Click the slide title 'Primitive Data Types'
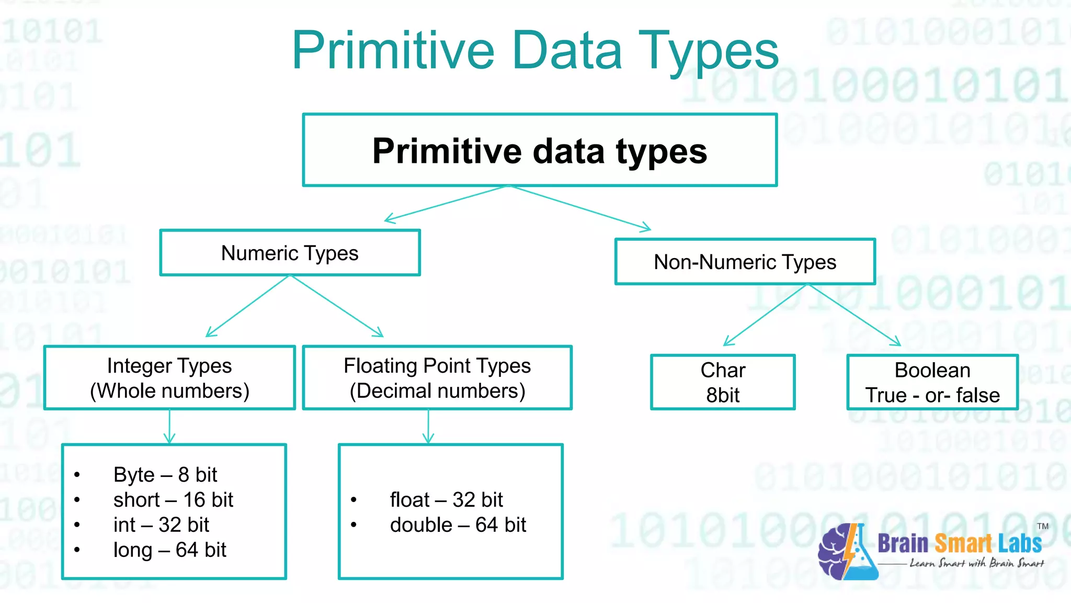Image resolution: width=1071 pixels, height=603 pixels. [535, 51]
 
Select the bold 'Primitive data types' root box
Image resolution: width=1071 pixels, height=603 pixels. [540, 150]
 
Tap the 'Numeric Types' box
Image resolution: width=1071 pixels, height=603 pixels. [290, 253]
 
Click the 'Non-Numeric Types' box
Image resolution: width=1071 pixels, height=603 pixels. [745, 262]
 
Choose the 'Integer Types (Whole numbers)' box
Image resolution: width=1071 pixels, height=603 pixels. [169, 378]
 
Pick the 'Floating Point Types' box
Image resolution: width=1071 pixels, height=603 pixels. [437, 378]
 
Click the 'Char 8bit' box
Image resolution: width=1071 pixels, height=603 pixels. [723, 383]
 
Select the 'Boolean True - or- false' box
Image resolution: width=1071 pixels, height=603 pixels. [932, 383]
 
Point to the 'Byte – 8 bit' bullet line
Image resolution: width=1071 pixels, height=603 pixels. [165, 475]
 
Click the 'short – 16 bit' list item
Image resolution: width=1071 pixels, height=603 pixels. [173, 500]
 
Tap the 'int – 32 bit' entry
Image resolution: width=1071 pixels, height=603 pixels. [161, 525]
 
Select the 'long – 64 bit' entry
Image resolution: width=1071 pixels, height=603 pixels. [169, 550]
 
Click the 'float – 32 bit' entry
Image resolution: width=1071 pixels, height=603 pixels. [446, 500]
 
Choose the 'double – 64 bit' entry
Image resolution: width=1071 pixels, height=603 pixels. [458, 525]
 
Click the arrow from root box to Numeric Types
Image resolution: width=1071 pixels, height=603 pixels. [447, 203]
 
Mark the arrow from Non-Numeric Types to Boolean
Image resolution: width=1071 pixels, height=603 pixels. [854, 315]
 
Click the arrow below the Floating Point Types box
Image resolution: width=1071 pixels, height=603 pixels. [428, 427]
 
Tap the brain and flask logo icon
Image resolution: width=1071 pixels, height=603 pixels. [847, 552]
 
